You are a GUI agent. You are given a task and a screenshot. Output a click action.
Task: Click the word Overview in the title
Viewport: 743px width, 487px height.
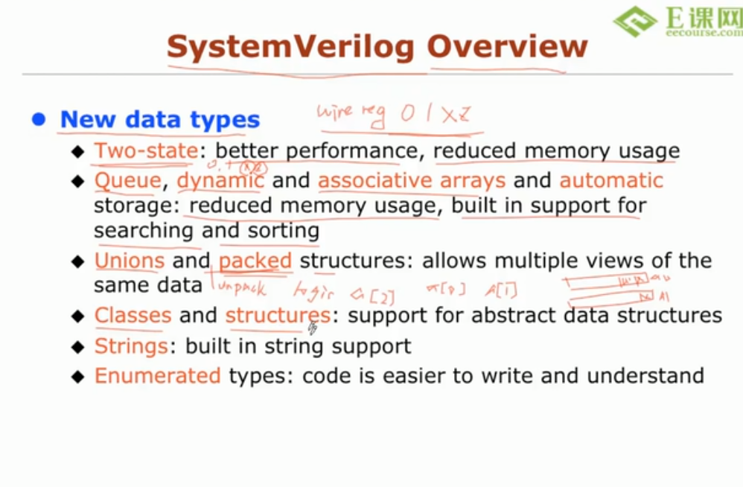point(507,46)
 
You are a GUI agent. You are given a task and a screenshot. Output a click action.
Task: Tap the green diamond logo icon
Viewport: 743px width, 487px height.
point(634,22)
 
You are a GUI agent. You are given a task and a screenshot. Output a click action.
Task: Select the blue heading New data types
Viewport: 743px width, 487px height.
point(160,120)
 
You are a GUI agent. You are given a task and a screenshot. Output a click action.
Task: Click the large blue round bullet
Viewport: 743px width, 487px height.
point(39,119)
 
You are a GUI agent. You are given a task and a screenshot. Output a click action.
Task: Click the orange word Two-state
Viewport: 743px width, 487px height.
point(146,151)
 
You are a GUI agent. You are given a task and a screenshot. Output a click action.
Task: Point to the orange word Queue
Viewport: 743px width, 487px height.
point(127,181)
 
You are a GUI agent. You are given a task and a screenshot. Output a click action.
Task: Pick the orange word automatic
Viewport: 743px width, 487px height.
point(611,181)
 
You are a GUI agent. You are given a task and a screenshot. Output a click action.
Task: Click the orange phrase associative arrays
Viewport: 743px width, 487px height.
point(412,181)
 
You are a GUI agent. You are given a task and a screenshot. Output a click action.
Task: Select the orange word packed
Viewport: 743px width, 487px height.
point(255,261)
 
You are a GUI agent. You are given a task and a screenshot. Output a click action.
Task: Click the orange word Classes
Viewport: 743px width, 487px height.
point(133,316)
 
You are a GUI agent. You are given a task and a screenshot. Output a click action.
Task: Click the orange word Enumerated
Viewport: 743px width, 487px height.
point(158,375)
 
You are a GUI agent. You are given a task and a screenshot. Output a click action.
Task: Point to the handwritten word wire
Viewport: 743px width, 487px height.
point(332,112)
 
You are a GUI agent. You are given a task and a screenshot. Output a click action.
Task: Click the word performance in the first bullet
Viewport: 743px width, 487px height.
point(342,151)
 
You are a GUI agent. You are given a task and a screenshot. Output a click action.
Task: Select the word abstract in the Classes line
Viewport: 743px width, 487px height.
point(514,316)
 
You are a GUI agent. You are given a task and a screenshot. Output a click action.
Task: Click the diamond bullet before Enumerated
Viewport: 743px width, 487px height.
point(78,376)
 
